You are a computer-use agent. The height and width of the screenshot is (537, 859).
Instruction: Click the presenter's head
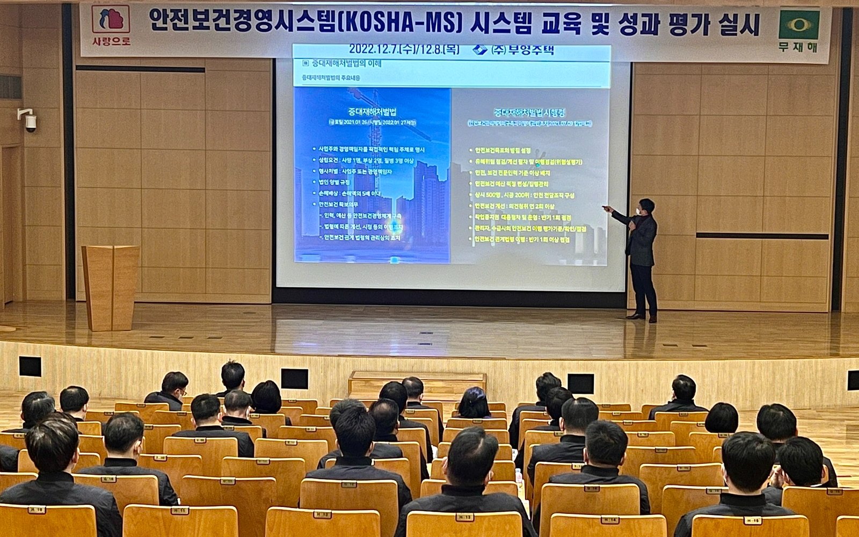tap(646, 207)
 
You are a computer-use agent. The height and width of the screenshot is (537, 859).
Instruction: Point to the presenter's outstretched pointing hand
tap(608, 208)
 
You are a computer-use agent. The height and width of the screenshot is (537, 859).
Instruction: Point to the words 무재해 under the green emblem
tap(798, 47)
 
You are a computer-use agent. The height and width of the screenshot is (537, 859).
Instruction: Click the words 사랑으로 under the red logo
tap(111, 41)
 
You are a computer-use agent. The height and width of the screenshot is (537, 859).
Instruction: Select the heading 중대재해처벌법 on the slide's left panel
tap(372, 112)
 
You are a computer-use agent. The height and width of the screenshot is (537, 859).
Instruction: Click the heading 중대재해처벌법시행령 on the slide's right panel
tap(529, 113)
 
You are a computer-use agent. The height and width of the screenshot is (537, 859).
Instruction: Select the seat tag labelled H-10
tap(37, 510)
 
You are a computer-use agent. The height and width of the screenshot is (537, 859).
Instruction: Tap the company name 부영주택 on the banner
tap(529, 50)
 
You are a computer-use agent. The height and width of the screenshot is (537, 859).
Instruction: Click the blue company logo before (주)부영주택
tap(479, 50)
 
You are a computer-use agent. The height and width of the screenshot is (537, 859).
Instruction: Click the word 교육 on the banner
tap(565, 24)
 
